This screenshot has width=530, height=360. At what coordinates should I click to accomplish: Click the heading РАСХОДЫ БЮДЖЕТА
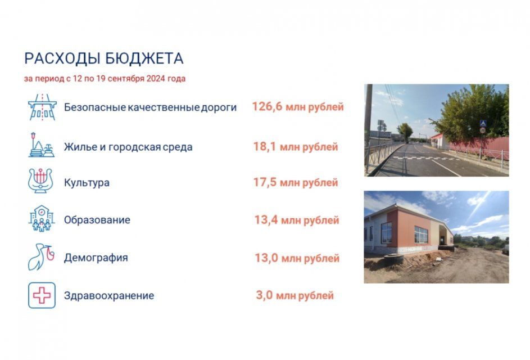pyautogui.click(x=103, y=58)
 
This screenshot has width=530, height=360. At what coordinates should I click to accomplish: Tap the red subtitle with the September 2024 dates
pyautogui.click(x=105, y=79)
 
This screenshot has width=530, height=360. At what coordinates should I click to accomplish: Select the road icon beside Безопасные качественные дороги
pyautogui.click(x=42, y=107)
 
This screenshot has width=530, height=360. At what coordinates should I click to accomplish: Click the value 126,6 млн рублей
pyautogui.click(x=297, y=106)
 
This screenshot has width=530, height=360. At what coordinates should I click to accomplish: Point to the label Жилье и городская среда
pyautogui.click(x=128, y=147)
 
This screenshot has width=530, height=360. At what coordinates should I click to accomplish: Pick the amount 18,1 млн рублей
pyautogui.click(x=296, y=147)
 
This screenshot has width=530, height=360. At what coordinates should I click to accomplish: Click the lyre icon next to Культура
pyautogui.click(x=41, y=181)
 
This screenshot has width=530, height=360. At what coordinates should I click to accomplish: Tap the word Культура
pyautogui.click(x=87, y=183)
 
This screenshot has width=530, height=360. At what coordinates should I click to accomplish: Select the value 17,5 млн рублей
pyautogui.click(x=296, y=182)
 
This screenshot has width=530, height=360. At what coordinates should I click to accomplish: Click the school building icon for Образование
pyautogui.click(x=42, y=219)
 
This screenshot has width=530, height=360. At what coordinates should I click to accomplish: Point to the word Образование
pyautogui.click(x=97, y=220)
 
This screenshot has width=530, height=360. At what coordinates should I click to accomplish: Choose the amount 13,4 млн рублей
pyautogui.click(x=296, y=220)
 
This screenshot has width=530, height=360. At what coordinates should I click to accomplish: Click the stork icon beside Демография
pyautogui.click(x=41, y=257)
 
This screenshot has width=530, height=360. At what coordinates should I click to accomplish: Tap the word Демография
pyautogui.click(x=96, y=258)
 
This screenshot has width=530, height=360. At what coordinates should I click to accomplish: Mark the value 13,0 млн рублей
pyautogui.click(x=297, y=258)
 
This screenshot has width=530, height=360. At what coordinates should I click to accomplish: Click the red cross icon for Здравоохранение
pyautogui.click(x=42, y=295)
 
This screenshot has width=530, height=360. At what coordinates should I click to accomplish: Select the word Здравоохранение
pyautogui.click(x=109, y=295)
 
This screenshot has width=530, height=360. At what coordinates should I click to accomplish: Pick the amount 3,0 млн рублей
pyautogui.click(x=295, y=295)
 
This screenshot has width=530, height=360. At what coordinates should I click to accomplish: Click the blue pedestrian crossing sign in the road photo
pyautogui.click(x=482, y=123)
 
